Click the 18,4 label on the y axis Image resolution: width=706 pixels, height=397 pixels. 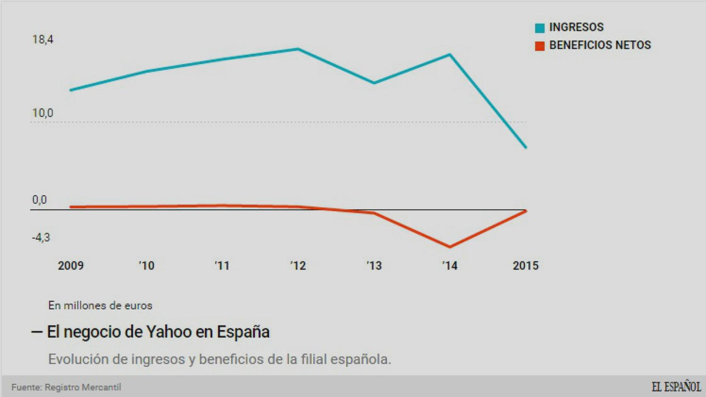[x=43, y=40]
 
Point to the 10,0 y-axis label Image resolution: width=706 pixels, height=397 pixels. [x=43, y=113]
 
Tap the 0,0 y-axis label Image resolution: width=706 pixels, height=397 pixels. [x=40, y=200]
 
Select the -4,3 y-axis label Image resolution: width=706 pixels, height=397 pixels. [x=41, y=237]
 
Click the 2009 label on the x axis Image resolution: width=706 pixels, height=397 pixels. [x=71, y=265]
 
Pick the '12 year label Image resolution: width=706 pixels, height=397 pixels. [x=298, y=265]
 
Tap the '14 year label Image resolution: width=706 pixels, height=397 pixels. [x=450, y=265]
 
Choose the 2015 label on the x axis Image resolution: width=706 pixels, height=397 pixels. [x=526, y=265]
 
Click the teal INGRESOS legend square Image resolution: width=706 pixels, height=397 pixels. [x=540, y=28]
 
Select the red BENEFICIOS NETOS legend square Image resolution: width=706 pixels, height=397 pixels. [x=540, y=46]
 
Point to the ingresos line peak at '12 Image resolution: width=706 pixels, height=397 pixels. [x=298, y=49]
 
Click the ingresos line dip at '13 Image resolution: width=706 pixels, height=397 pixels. [x=374, y=83]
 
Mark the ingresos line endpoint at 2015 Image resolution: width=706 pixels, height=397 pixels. [x=526, y=147]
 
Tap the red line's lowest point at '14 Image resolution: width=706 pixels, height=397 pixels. [x=450, y=247]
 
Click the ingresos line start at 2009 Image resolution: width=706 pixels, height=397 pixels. [x=71, y=90]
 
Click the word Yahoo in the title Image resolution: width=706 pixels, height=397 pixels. [x=169, y=332]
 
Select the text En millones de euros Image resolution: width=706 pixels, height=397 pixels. [x=100, y=306]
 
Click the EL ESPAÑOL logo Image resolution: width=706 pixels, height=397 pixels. [x=676, y=387]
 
